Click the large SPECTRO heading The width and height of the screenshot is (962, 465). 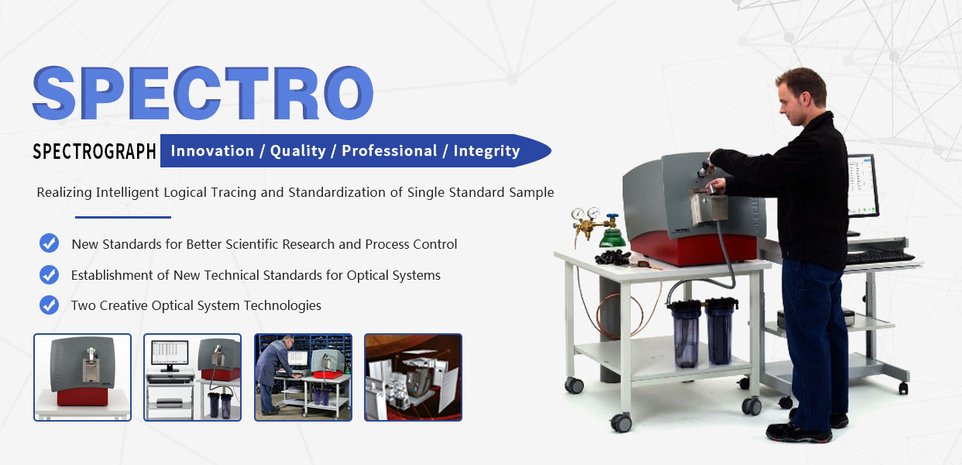[203, 93]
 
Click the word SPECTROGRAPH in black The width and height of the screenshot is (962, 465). [94, 151]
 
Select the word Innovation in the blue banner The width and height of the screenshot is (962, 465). [212, 150]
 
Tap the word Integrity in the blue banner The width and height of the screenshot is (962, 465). [486, 151]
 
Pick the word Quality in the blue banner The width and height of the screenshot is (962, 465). [298, 151]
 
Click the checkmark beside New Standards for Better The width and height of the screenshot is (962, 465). [49, 243]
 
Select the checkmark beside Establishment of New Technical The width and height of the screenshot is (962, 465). [49, 274]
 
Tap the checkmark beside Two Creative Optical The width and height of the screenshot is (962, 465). [49, 305]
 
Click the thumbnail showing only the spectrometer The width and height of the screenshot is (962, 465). [82, 377]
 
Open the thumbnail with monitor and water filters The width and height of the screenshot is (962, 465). [192, 377]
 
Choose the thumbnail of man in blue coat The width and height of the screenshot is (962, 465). [303, 377]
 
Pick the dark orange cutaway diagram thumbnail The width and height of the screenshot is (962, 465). [413, 377]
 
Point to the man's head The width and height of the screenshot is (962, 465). [802, 97]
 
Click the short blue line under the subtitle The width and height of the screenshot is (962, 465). [123, 218]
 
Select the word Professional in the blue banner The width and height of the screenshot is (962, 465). [390, 151]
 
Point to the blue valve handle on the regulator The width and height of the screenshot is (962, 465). [612, 216]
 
